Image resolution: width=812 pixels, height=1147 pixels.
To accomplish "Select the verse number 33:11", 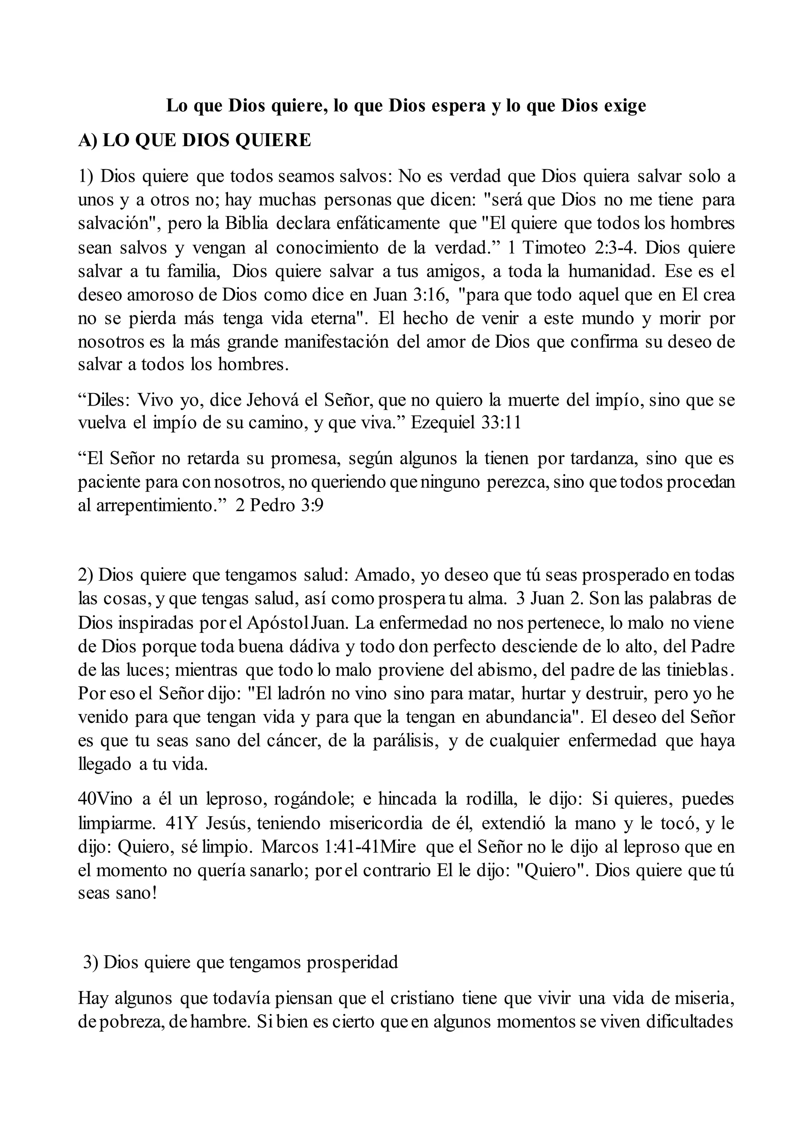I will [501, 423].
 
